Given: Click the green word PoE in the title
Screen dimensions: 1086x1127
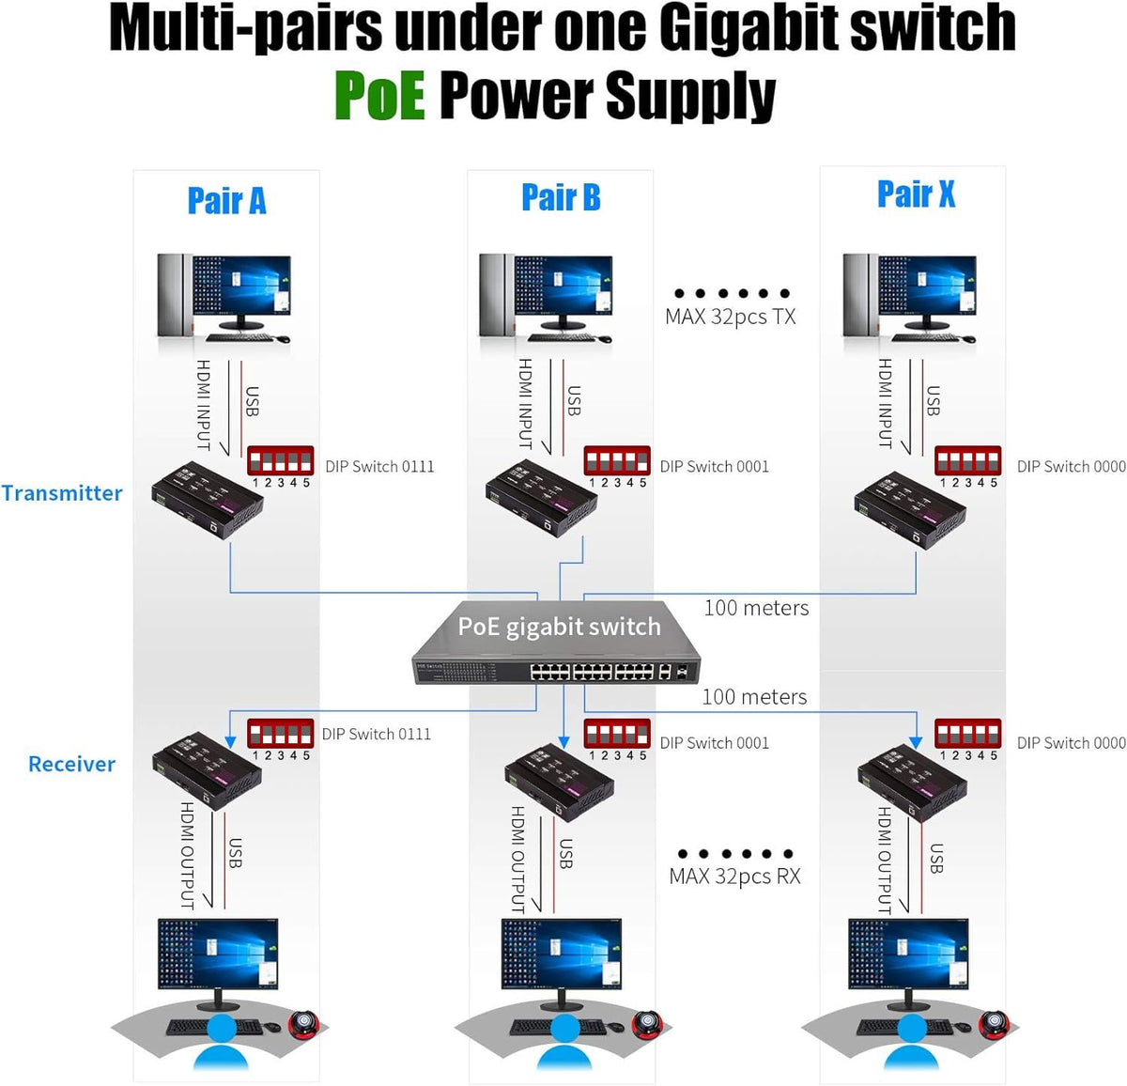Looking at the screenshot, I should coord(379,96).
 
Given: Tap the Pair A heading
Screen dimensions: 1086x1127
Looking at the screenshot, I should coord(226,201).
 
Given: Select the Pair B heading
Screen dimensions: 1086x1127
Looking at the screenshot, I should coord(561,198).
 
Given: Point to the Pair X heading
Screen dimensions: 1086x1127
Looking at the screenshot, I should coord(916,194).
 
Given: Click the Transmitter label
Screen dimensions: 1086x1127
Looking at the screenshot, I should coord(62,493).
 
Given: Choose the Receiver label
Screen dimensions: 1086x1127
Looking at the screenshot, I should coord(71,764).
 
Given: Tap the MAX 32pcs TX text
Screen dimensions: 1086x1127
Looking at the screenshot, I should coord(730,317).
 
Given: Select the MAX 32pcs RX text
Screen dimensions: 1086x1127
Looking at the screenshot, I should coord(734,877).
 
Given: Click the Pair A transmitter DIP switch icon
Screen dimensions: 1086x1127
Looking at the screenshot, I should coord(280,461).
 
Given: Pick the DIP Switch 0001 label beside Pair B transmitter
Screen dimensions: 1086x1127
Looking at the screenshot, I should coord(714,467).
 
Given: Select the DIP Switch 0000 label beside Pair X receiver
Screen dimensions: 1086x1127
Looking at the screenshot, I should coord(1071,743).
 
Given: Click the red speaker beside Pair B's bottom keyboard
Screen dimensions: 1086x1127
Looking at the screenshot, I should coord(648,1023).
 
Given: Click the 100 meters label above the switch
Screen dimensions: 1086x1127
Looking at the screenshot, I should coord(756,608).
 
